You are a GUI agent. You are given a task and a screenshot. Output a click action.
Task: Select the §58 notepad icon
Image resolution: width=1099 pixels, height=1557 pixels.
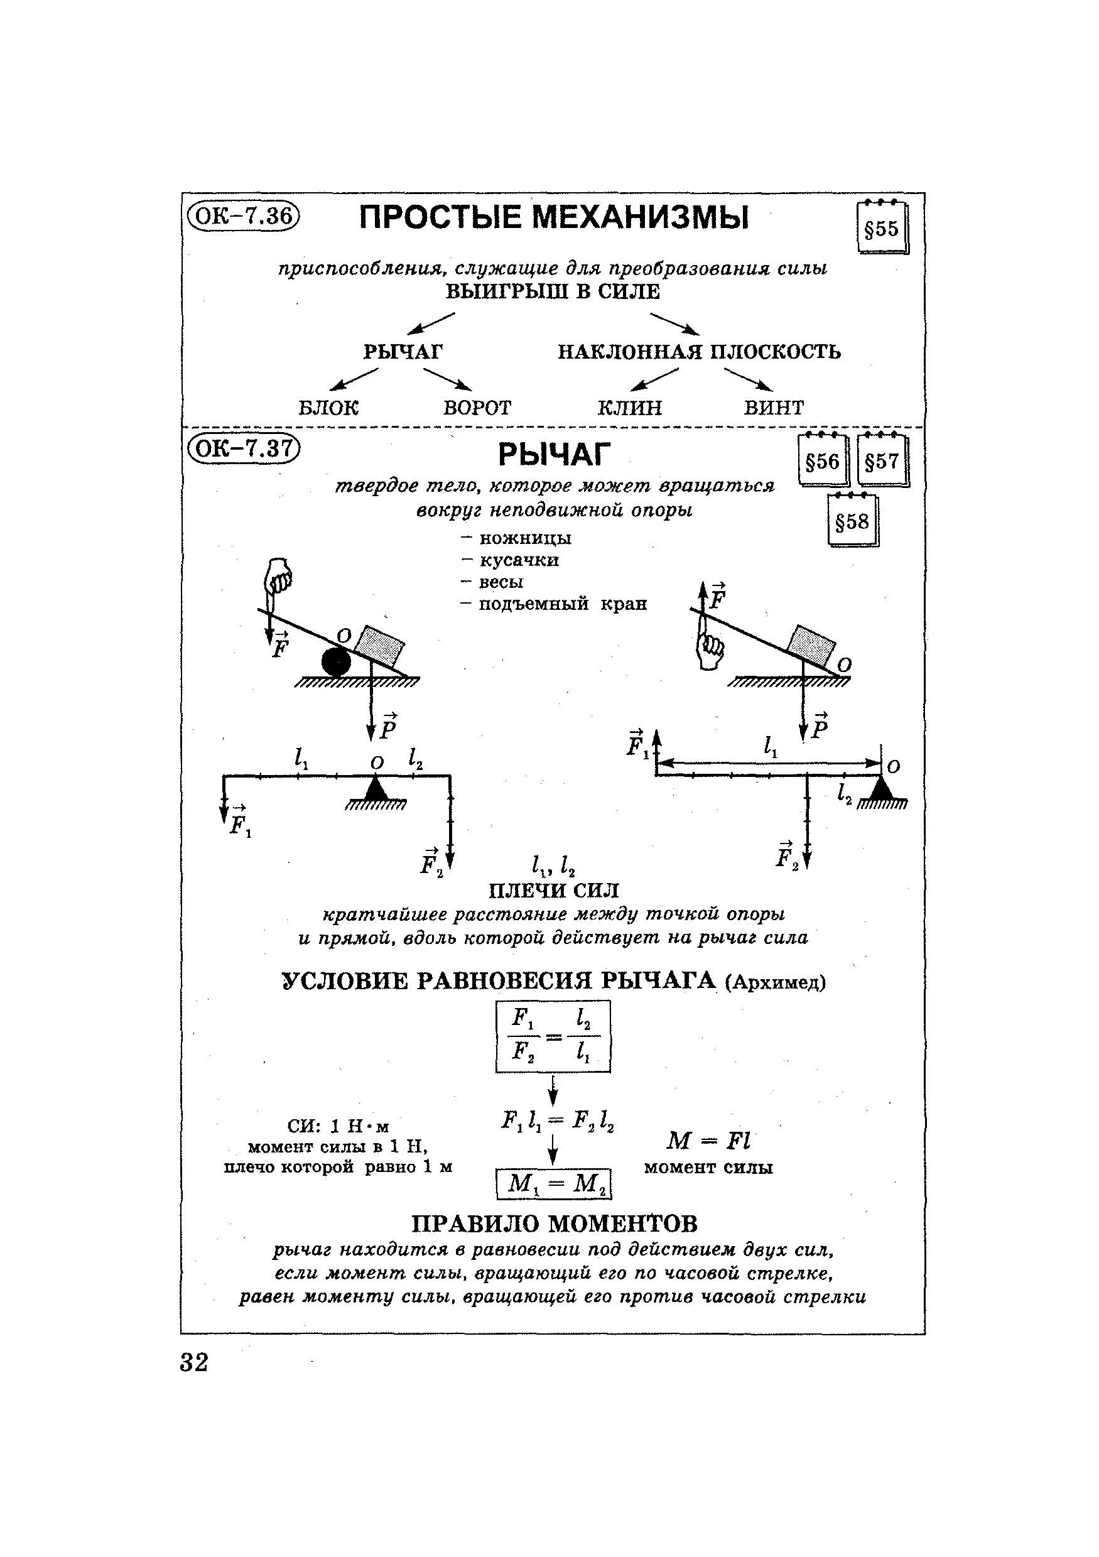click(x=852, y=521)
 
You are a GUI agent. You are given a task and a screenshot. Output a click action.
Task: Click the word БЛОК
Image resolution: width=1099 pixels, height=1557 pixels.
click(x=328, y=408)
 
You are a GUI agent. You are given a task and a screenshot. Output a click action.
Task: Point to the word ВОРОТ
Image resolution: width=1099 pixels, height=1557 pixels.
click(x=477, y=408)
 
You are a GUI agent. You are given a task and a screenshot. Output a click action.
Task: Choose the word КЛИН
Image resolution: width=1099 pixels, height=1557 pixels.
click(x=629, y=408)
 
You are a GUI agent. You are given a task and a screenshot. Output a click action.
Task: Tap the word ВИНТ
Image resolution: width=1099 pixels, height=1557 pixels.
click(x=774, y=408)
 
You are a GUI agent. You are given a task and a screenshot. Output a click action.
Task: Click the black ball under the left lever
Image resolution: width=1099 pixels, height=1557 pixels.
click(x=336, y=661)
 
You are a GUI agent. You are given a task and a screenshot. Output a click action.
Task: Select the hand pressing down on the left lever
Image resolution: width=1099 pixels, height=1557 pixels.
click(x=278, y=577)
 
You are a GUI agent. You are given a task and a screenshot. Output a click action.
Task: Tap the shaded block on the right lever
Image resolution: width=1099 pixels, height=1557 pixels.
click(x=811, y=644)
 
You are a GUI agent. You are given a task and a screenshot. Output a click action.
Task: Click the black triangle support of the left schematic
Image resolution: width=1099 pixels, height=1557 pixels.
click(x=376, y=788)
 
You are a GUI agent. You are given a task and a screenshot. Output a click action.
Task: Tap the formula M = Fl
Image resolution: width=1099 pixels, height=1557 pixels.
click(x=708, y=1141)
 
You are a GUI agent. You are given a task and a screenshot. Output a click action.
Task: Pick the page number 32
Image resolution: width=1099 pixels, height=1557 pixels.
click(x=195, y=1362)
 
